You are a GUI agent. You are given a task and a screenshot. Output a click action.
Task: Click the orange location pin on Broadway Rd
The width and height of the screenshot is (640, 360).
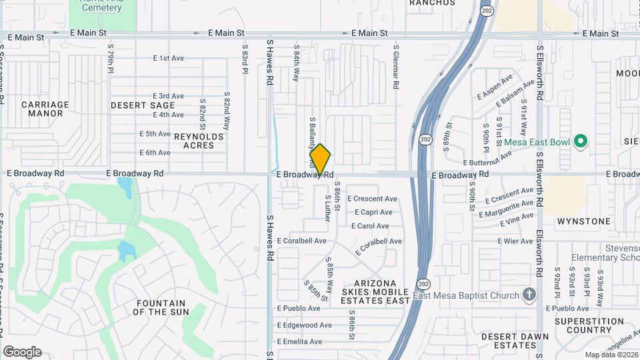[x=321, y=160]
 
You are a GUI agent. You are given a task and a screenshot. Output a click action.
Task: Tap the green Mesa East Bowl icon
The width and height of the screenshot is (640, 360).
[x=580, y=141]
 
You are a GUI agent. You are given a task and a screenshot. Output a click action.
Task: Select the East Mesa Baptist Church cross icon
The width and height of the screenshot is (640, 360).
[x=529, y=295]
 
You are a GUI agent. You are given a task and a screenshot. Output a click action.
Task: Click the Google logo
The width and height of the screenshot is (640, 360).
[x=22, y=352]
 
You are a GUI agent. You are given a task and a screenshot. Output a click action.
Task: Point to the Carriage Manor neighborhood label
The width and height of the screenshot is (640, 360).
[x=45, y=109]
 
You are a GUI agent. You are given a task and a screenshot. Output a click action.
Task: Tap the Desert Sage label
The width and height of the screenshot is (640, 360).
[x=143, y=105]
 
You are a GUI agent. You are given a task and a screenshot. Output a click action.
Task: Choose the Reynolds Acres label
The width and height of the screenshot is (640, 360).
[x=199, y=141]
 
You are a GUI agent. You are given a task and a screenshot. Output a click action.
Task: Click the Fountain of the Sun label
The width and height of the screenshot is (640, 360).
[x=162, y=307]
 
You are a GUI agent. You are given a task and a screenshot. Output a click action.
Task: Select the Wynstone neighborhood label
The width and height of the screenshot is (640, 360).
[x=583, y=221]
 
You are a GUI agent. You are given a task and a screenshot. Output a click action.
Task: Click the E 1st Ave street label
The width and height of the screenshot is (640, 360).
[x=168, y=59]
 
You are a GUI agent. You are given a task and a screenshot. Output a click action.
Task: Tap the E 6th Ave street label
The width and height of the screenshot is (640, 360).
[x=155, y=153]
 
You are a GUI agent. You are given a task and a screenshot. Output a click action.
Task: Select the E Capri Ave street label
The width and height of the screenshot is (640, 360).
[x=373, y=212]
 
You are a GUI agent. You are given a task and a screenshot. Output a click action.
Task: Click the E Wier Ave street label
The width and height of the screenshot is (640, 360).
[x=515, y=241]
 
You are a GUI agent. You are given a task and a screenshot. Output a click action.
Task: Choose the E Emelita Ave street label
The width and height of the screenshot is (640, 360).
[x=299, y=342]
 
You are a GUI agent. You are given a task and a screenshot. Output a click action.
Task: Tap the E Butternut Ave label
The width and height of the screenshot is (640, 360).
[x=488, y=158]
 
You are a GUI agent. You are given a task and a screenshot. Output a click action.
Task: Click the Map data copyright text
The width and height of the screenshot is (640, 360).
[x=611, y=354]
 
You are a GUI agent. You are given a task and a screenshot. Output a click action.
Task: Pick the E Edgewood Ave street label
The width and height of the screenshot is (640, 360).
[x=304, y=325]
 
